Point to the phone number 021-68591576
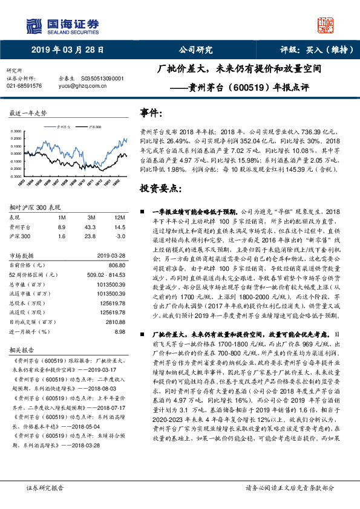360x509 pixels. tap(24, 86)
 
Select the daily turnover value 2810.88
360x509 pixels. tap(114, 322)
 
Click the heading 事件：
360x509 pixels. tap(151, 113)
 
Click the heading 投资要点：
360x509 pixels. tap(160, 188)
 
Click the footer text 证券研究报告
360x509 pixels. tap(43, 487)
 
